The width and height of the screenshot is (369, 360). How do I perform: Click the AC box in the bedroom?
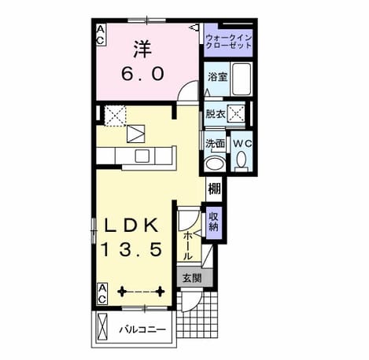point(101,35)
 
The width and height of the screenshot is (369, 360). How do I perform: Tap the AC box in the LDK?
point(102,294)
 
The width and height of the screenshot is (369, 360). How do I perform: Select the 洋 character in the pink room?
point(143,49)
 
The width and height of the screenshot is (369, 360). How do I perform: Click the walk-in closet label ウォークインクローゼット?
point(228,42)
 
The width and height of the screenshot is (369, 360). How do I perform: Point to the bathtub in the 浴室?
point(242,79)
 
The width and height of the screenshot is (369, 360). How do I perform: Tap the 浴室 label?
point(217,77)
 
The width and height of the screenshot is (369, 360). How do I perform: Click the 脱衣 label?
point(215,114)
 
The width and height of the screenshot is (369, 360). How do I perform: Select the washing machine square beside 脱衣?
point(236,114)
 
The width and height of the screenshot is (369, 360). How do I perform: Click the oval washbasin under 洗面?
point(216,164)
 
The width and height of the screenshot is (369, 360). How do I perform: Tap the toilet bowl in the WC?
point(241,159)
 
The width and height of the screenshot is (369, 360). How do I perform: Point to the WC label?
point(242,143)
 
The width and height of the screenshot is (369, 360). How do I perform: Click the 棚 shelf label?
point(215,189)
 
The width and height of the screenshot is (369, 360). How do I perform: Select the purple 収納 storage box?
point(214,223)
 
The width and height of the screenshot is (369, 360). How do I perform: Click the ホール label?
point(187,246)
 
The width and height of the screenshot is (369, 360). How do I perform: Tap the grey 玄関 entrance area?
point(194,277)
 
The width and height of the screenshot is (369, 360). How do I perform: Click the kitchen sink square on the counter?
point(142,156)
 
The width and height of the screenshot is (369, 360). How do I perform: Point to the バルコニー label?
point(143,329)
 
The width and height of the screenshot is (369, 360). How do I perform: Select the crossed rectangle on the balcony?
point(102,327)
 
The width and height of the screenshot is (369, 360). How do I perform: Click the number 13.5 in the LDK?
point(131,249)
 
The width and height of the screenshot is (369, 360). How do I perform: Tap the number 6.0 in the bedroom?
point(143,74)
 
